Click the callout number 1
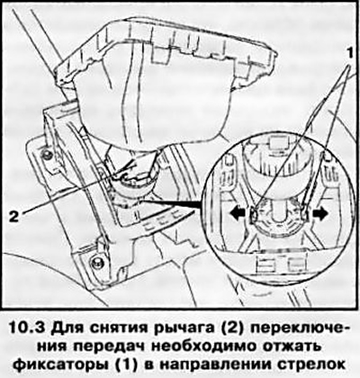coord(348,54)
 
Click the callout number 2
coord(14,216)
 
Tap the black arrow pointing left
coord(237,214)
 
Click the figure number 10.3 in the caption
coord(27,328)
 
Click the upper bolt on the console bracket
coord(47,154)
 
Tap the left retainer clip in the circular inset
coord(255,213)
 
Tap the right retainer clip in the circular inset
coord(305,212)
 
